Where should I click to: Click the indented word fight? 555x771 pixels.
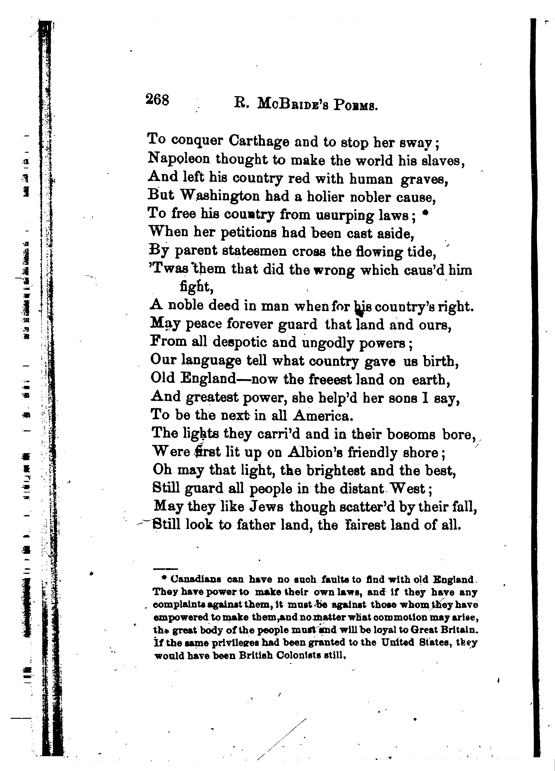click(196, 287)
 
